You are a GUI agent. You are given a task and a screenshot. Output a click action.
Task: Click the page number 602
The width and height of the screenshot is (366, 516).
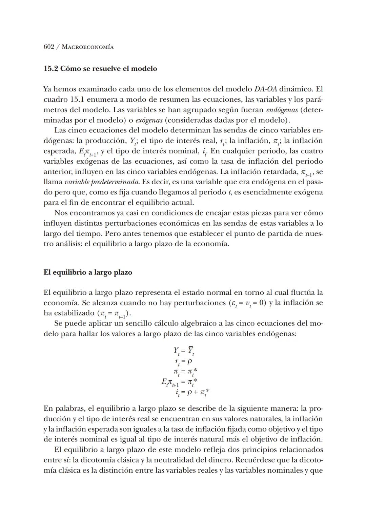[x=49, y=47]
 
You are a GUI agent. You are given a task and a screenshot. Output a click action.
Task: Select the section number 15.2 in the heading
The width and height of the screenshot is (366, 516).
[x=51, y=69]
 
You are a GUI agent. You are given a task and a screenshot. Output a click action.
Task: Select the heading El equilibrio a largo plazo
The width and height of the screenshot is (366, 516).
[x=88, y=272]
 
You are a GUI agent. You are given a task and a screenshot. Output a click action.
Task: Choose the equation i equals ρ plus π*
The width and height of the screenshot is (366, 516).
[x=192, y=393]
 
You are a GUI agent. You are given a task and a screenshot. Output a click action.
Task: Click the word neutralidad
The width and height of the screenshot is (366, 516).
[x=180, y=460]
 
